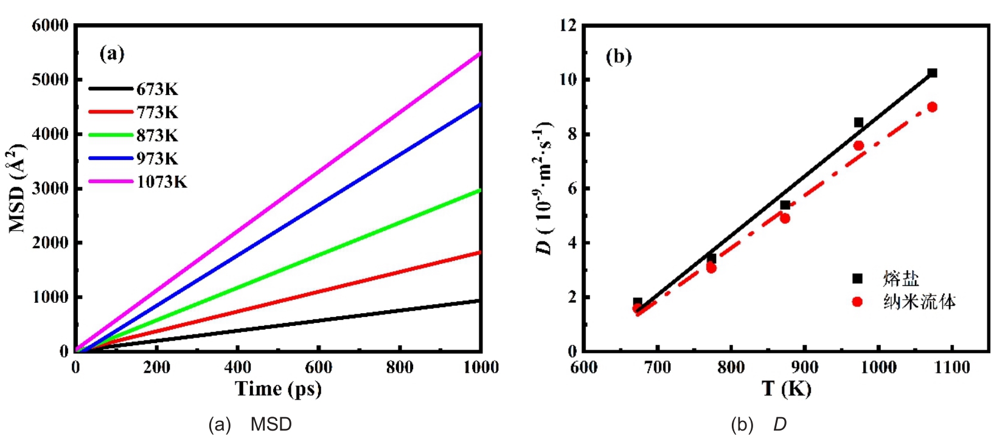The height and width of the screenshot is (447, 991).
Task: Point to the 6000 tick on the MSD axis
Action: click(50, 26)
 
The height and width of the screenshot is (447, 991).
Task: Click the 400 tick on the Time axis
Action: click(237, 367)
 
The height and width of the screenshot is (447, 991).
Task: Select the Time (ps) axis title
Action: click(278, 389)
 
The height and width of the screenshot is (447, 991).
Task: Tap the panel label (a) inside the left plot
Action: click(112, 54)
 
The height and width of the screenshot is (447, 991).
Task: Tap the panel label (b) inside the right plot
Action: click(619, 57)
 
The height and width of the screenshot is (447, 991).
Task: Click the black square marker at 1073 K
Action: click(932, 73)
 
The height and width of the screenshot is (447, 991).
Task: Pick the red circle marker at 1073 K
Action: click(932, 107)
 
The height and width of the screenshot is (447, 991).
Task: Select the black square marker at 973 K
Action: click(858, 122)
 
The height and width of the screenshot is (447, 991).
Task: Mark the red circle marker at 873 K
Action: click(785, 218)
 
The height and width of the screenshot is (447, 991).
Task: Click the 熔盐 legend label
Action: click(901, 279)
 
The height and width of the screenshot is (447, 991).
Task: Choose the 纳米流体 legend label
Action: click(919, 302)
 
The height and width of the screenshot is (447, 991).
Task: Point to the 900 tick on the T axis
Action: click(804, 367)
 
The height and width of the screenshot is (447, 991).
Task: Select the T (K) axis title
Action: click(786, 389)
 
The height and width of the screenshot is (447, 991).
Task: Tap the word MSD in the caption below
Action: click(271, 424)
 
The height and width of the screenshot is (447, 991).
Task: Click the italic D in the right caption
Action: click(780, 424)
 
